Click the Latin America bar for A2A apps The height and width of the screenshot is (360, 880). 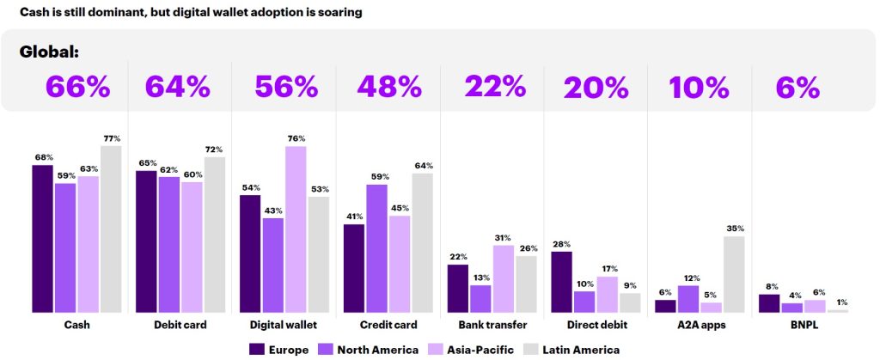[734, 273]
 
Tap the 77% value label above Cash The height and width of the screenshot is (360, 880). [112, 137]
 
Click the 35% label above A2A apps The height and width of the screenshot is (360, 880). [735, 229]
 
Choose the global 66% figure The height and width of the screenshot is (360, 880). [78, 88]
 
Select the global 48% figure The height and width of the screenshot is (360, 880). [389, 88]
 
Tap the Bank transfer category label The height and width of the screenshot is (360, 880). [492, 325]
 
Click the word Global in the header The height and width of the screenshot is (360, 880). [49, 52]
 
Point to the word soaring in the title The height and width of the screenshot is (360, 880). [338, 13]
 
